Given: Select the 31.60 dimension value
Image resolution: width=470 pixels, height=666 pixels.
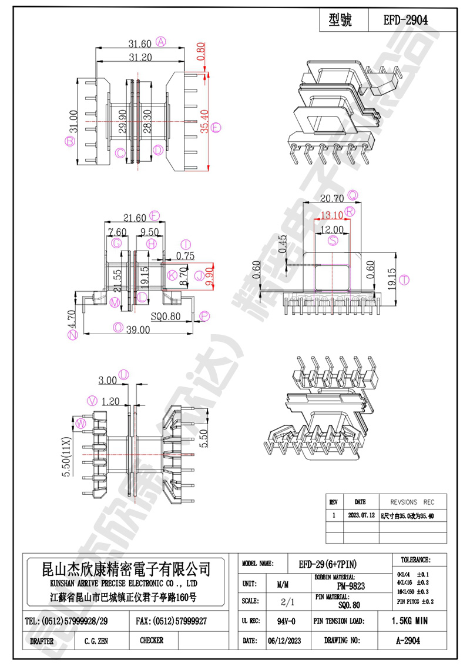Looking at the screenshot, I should (140, 43).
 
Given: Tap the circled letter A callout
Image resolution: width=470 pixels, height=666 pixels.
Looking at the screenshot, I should (160, 42).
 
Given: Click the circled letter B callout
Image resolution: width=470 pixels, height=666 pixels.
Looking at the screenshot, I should (69, 141).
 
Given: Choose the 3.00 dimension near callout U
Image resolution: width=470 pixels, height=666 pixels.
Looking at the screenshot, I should (107, 380).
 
